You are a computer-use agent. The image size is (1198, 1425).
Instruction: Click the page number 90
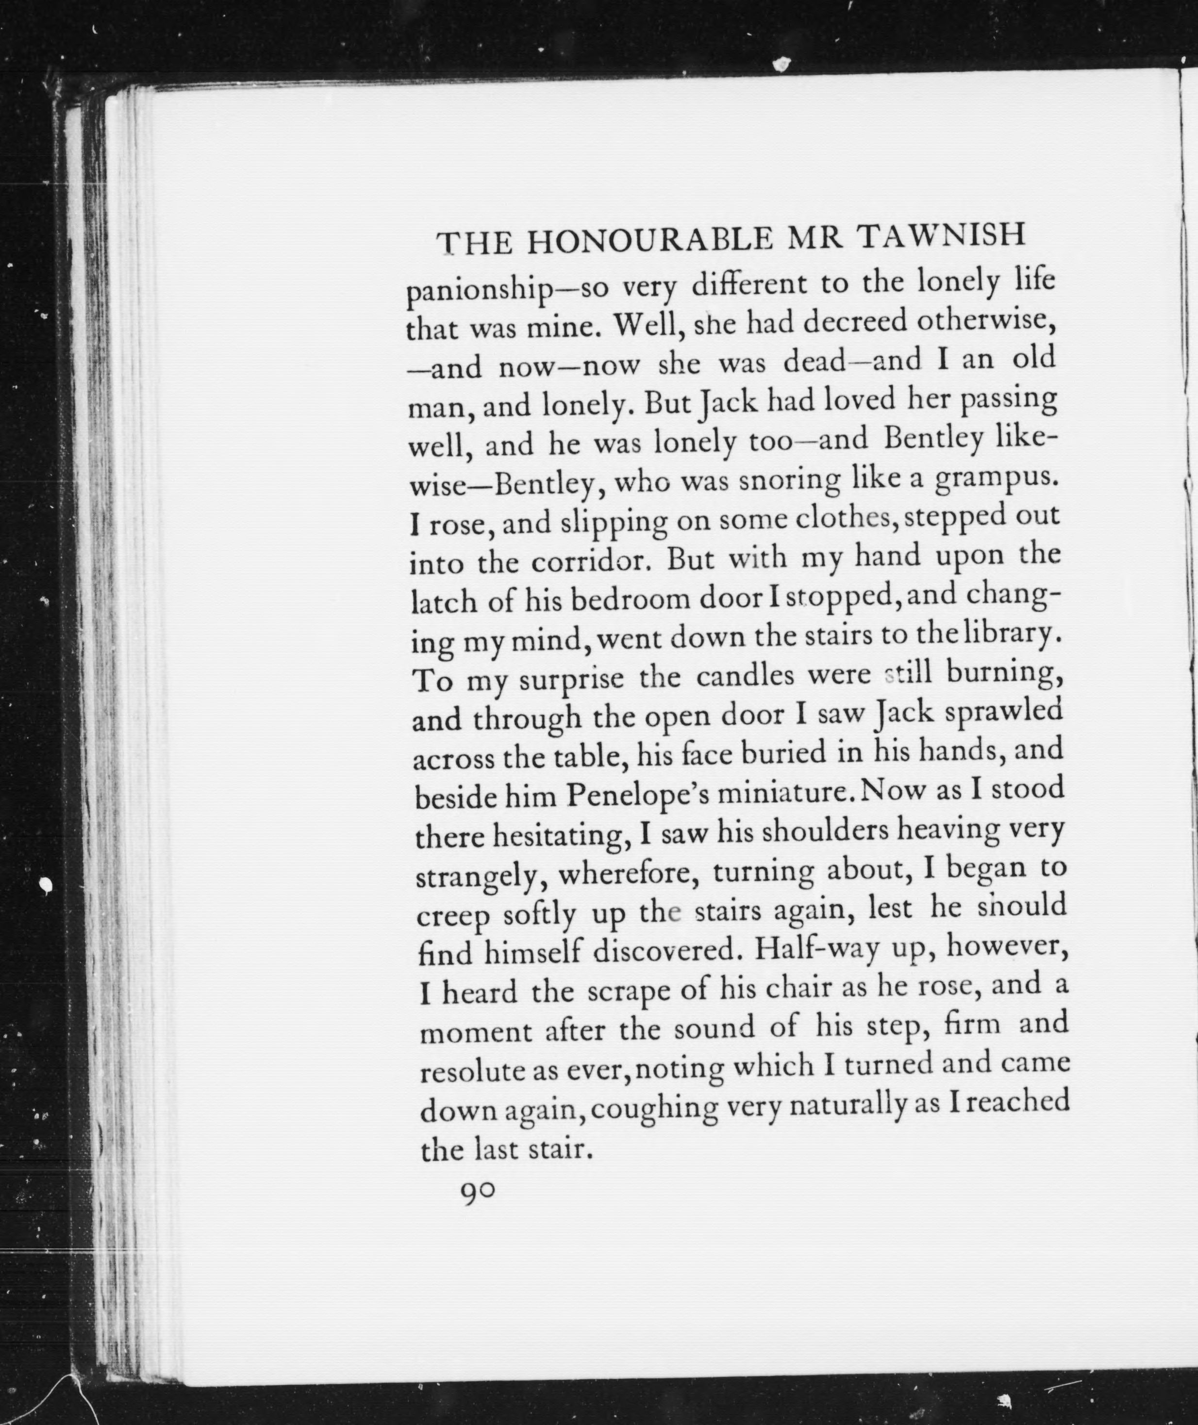pyautogui.click(x=479, y=1191)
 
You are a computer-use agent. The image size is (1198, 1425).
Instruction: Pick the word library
pyautogui.click(x=1004, y=636)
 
